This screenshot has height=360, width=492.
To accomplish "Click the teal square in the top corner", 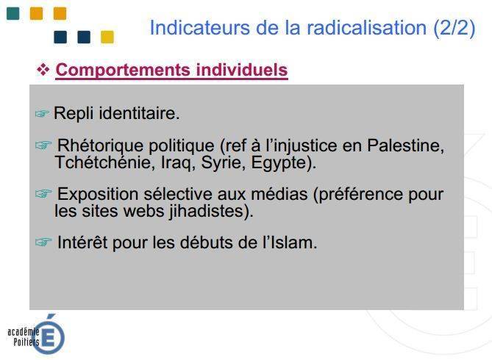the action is [x=13, y=13].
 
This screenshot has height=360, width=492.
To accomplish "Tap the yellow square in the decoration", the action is [x=107, y=37].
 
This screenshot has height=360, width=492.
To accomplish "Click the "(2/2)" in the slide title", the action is [x=454, y=28].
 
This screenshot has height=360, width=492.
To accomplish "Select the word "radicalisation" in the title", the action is [x=366, y=28].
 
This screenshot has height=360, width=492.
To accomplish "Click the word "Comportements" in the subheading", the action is [x=123, y=70].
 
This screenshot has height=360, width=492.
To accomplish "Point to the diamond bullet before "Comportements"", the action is [x=43, y=69].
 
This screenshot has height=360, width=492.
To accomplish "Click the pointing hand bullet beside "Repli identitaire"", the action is [x=43, y=113].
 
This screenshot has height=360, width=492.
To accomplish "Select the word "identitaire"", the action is [x=139, y=113].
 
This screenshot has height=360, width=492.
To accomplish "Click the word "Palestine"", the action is [x=406, y=145].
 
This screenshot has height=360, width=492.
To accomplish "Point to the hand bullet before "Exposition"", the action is [x=43, y=193].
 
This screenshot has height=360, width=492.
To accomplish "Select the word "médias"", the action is [x=279, y=194].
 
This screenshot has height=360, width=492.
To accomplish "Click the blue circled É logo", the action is [x=49, y=335].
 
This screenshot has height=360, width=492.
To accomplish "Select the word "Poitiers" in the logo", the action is [x=26, y=342].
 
